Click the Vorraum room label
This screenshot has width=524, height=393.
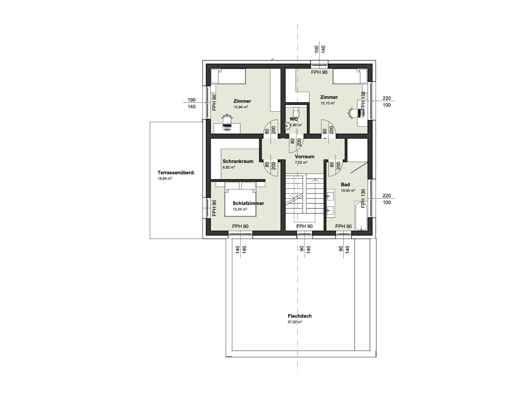[x=305, y=157]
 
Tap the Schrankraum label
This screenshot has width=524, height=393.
[x=238, y=161]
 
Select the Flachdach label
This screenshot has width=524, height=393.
[x=300, y=316]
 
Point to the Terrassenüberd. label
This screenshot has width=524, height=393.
[x=176, y=173]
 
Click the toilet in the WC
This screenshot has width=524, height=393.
[x=296, y=111]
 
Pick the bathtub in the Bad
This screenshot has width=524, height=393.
[x=361, y=216]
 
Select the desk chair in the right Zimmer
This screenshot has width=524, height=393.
[x=353, y=113]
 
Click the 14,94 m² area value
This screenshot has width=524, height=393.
[x=241, y=107]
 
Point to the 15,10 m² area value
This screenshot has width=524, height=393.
[x=327, y=103]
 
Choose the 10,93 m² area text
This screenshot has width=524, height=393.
[x=348, y=191]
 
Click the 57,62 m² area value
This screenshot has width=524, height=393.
[x=295, y=322]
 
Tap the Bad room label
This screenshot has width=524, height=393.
[x=345, y=185]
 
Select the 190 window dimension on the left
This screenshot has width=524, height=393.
[x=192, y=100]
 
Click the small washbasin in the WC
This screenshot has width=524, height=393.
[x=288, y=126]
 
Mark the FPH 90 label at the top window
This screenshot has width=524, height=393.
[x=319, y=72]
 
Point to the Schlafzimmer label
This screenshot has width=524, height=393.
[x=248, y=203]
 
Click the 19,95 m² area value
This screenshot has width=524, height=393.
[x=165, y=179]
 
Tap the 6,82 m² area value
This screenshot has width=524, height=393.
[x=229, y=167]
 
